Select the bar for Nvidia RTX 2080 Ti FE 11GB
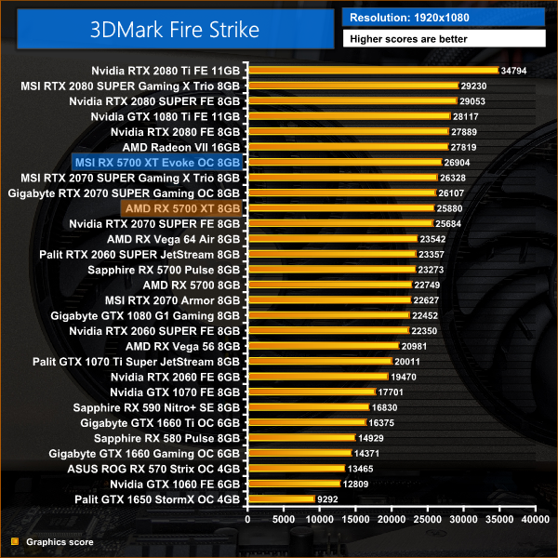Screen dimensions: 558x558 [x=372, y=71]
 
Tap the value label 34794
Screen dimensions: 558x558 [x=514, y=71]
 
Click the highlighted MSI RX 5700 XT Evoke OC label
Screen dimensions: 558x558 [x=163, y=162]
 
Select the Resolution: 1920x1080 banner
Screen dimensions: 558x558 [x=445, y=17]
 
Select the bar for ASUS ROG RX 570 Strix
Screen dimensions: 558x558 [x=296, y=468]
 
